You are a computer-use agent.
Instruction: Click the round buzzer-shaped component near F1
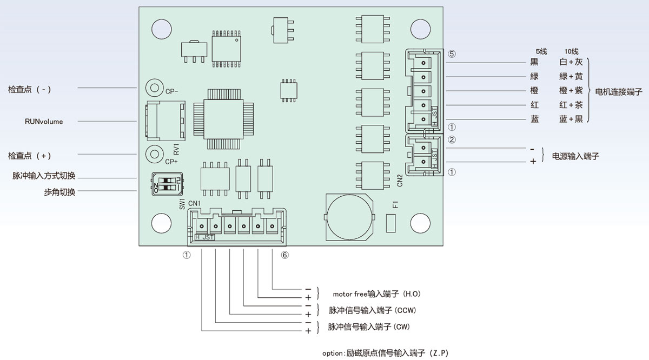click(x=350, y=217)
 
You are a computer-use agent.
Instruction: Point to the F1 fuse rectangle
click(x=392, y=223)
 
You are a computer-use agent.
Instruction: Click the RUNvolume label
click(x=44, y=122)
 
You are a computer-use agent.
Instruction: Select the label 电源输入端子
click(x=575, y=156)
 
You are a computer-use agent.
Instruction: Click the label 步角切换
click(x=59, y=192)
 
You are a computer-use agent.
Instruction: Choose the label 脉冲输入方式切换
click(x=44, y=176)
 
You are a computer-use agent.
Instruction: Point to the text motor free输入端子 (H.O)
click(x=376, y=294)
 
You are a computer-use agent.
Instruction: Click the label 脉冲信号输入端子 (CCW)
click(x=372, y=310)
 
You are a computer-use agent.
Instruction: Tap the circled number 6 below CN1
click(x=285, y=255)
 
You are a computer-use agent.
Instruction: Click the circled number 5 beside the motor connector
click(x=452, y=54)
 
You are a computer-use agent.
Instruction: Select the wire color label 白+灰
click(x=571, y=63)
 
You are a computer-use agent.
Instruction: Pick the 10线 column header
click(x=571, y=51)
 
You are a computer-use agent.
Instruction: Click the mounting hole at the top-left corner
click(x=160, y=28)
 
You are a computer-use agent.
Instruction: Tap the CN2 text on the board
click(x=400, y=180)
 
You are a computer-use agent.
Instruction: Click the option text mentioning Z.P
click(x=385, y=353)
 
